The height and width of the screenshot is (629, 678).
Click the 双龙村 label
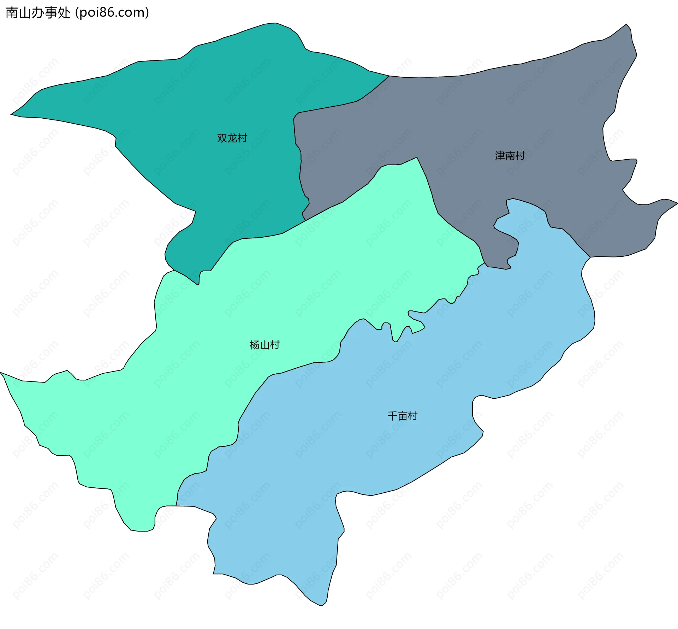pyautogui.click(x=232, y=138)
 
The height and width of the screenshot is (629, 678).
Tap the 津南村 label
pyautogui.click(x=510, y=156)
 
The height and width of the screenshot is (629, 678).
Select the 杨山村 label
pyautogui.click(x=264, y=345)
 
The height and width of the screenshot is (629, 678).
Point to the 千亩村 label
pyautogui.click(x=403, y=416)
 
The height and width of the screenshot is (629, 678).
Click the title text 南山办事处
pyautogui.click(x=38, y=13)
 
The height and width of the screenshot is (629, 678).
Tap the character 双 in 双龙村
pyautogui.click(x=222, y=138)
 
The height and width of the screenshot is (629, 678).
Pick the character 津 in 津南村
pyautogui.click(x=500, y=156)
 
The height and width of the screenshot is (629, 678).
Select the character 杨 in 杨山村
pyautogui.click(x=255, y=345)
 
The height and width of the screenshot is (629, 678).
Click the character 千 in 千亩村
pyautogui.click(x=393, y=416)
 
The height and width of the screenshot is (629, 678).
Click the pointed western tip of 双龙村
pyautogui.click(x=11, y=114)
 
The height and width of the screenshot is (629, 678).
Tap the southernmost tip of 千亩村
pyautogui.click(x=321, y=605)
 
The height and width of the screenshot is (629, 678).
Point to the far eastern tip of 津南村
pyautogui.click(x=677, y=203)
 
